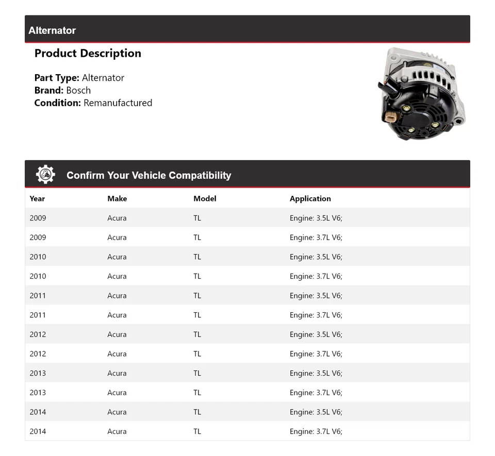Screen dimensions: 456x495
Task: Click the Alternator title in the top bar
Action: [52, 30]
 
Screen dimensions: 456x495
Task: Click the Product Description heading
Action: [88, 54]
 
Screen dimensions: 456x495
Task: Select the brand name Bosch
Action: [78, 90]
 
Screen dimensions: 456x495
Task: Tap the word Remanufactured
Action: [118, 103]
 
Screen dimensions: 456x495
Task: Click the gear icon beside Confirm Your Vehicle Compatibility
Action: [45, 175]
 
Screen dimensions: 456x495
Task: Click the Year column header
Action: [37, 198]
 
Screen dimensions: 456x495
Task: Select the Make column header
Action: [117, 198]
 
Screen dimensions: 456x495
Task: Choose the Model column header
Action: [205, 198]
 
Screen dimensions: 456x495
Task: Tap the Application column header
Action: [310, 198]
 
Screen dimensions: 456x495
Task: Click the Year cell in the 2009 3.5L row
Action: [38, 218]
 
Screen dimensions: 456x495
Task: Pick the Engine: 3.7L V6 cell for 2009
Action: [316, 238]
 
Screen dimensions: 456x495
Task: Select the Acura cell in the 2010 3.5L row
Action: [117, 257]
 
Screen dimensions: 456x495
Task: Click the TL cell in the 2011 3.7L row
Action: [197, 315]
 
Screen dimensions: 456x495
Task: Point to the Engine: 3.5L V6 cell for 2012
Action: [316, 334]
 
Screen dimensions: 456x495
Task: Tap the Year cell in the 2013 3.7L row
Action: [38, 393]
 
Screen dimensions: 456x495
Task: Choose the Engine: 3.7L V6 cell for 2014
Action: [316, 431]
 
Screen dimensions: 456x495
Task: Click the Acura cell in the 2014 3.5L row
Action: [117, 412]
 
